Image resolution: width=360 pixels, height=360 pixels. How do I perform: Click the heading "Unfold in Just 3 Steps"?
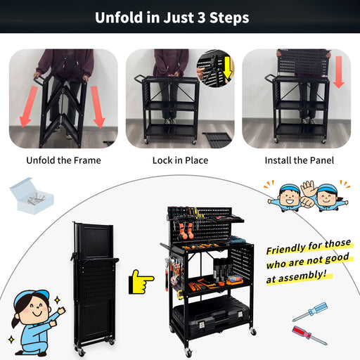click(x=172, y=18)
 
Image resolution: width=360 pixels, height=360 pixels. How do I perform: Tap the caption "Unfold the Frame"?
click(x=63, y=160)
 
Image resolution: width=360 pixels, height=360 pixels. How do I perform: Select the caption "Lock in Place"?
click(x=180, y=160)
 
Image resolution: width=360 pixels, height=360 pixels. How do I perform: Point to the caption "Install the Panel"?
click(x=300, y=160)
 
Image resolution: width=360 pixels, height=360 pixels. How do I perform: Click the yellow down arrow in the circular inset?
click(x=227, y=67)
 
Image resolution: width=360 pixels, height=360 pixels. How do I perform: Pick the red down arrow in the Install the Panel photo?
click(x=339, y=72)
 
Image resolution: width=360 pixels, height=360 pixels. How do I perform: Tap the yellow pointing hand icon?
click(x=141, y=282)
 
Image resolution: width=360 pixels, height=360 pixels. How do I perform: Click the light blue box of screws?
click(x=32, y=196)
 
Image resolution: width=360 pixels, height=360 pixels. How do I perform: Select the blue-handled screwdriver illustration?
click(x=309, y=312)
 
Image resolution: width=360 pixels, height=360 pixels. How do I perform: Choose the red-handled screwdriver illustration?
click(x=309, y=335)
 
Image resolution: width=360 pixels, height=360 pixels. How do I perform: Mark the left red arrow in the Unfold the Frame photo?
click(x=28, y=106)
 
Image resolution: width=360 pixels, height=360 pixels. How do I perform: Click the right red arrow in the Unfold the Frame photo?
click(x=98, y=107)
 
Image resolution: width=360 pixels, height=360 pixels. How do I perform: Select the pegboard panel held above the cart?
click(x=304, y=63)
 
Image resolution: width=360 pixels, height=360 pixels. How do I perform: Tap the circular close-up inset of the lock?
click(x=215, y=69)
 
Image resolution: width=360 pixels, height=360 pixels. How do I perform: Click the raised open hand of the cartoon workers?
click(x=309, y=188)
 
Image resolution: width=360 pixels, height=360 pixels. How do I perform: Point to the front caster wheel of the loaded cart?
click(x=188, y=352)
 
